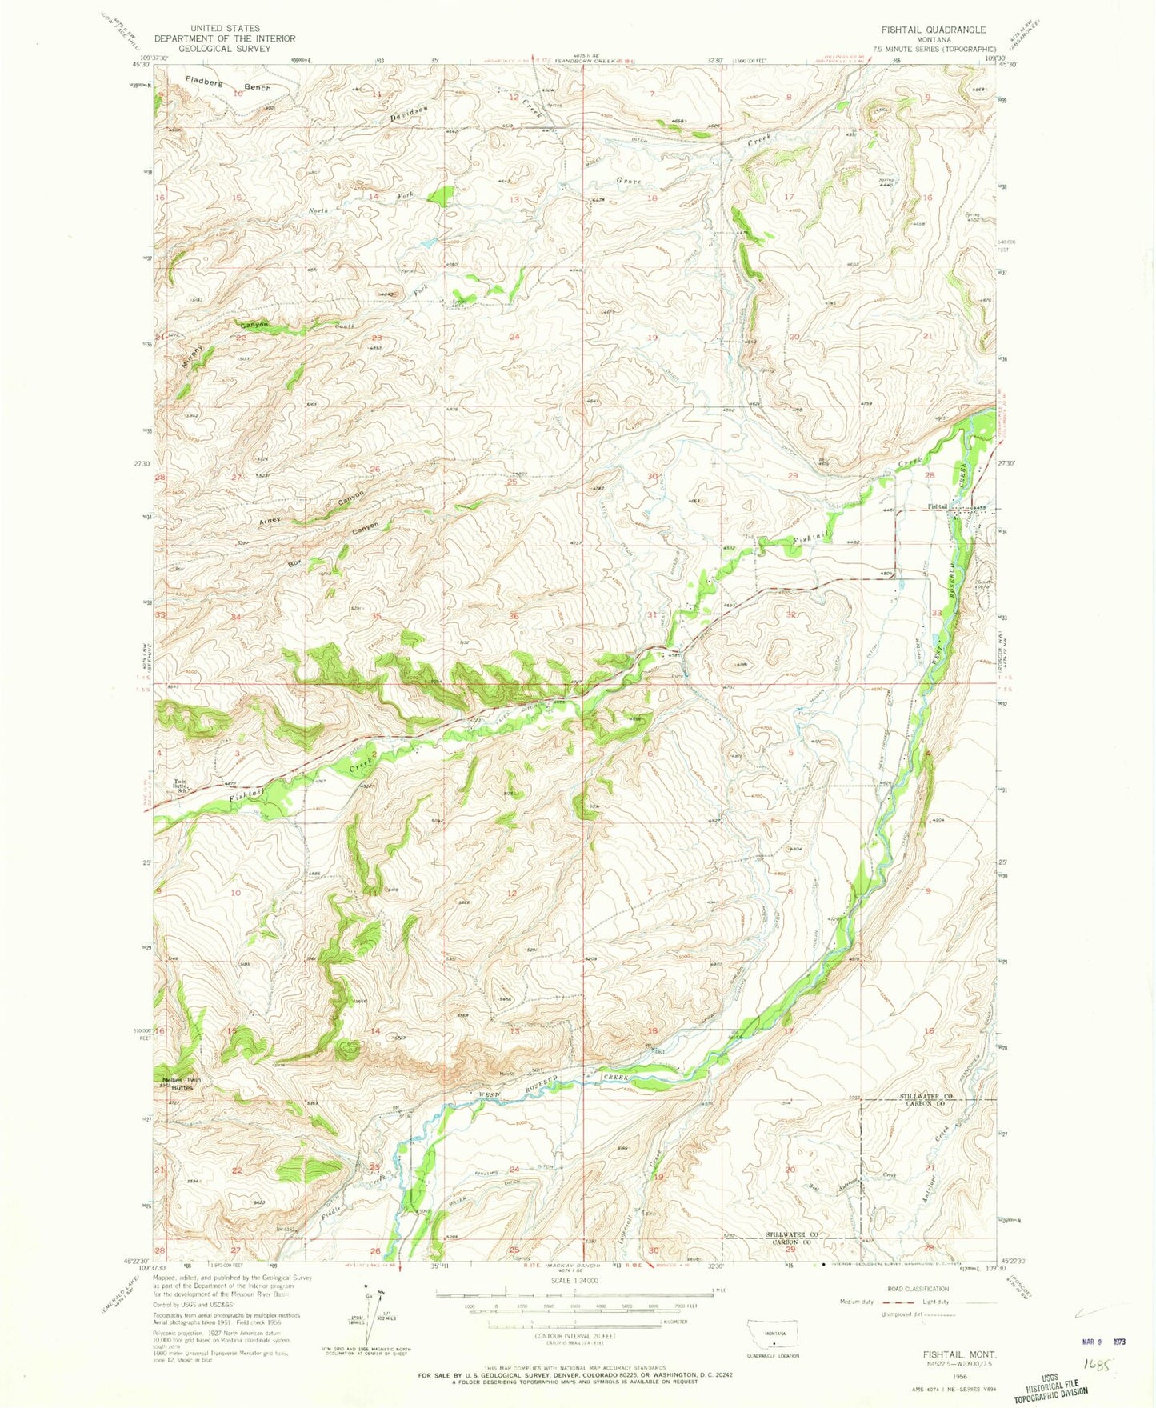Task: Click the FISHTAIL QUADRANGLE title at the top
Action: coord(933,30)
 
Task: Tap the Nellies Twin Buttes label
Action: coord(182,1084)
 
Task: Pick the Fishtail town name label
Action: coord(938,506)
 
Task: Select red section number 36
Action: coord(514,615)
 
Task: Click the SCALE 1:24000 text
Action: coord(573,1281)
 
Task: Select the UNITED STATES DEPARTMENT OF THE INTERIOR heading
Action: coord(225,38)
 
